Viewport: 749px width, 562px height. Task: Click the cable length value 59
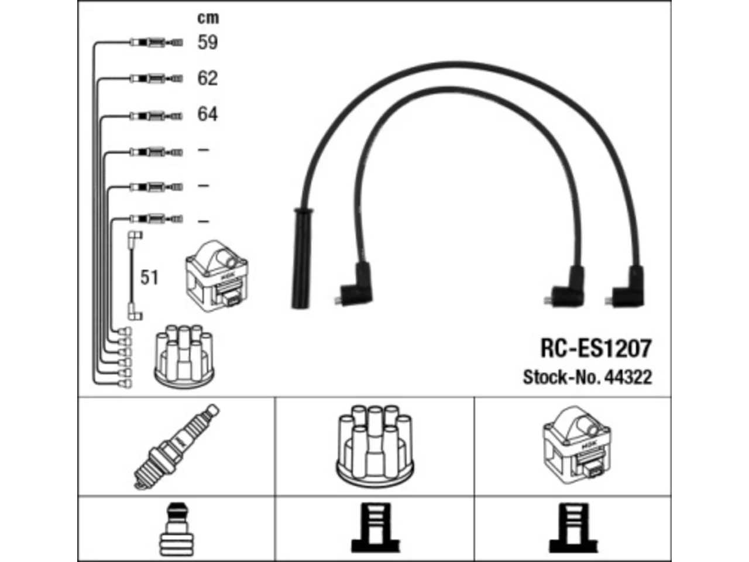pyautogui.click(x=208, y=42)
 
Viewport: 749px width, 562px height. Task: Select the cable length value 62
pyautogui.click(x=208, y=78)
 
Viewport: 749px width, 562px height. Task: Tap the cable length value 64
pyautogui.click(x=208, y=114)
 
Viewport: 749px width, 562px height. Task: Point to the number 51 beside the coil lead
pyautogui.click(x=149, y=277)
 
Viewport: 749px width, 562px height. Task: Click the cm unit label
pyautogui.click(x=208, y=18)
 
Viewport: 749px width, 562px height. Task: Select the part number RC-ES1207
pyautogui.click(x=596, y=348)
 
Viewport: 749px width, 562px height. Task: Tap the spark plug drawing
pyautogui.click(x=176, y=447)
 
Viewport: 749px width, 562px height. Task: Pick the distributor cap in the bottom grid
pyautogui.click(x=374, y=444)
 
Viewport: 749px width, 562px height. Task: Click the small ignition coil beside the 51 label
pyautogui.click(x=217, y=276)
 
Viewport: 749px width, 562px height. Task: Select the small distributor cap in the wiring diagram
pyautogui.click(x=184, y=357)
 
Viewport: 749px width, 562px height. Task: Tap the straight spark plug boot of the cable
pyautogui.click(x=301, y=258)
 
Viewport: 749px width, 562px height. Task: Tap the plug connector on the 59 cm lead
pyautogui.click(x=156, y=43)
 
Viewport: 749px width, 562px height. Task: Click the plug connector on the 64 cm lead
pyautogui.click(x=156, y=116)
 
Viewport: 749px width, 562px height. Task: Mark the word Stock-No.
pyautogui.click(x=562, y=378)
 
